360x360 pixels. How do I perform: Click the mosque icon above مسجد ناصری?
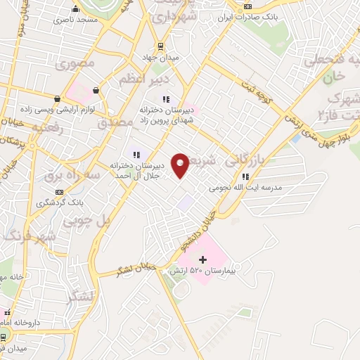75,9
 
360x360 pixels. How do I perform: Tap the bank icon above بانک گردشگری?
60,192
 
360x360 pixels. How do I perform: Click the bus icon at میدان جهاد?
162,46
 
